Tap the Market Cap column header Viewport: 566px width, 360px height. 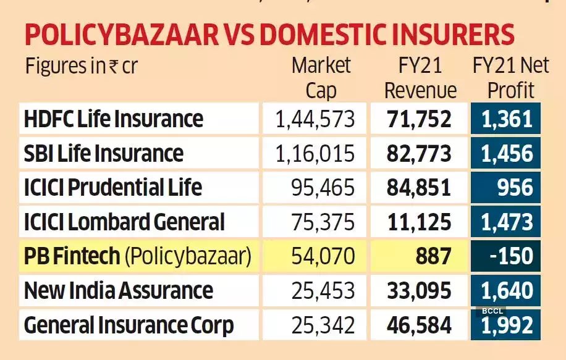click(321, 78)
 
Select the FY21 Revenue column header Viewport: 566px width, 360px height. click(420, 78)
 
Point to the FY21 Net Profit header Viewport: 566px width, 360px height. click(510, 78)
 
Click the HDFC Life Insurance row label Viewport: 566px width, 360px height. click(114, 119)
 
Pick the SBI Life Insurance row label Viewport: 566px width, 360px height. click(104, 153)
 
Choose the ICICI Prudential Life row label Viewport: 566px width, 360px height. click(113, 187)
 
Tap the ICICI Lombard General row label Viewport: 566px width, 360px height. click(124, 222)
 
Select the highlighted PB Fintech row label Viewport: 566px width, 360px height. click(138, 256)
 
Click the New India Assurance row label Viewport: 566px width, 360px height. click(119, 290)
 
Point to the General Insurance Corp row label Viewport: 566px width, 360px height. click(129, 325)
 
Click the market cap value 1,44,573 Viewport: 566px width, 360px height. click(316, 119)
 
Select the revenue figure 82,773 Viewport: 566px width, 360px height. click(420, 153)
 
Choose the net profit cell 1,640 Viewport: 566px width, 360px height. click(507, 290)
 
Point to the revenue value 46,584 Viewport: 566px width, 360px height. click(420, 325)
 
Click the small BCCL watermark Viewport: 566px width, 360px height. click(492, 311)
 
